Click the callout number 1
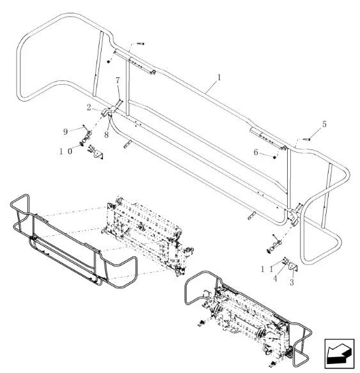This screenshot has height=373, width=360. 219,77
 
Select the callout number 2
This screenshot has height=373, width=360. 89,107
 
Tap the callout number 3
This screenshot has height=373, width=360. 292,282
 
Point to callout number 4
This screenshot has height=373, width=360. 275,278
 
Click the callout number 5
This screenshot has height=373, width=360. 324,124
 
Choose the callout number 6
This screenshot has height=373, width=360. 256,152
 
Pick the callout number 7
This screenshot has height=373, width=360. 118,80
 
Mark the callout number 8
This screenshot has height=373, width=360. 106,135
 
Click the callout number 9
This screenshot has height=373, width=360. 65,132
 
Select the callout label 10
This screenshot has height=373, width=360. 65,151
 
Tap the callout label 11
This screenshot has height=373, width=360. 267,270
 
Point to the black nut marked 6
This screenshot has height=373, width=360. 274,157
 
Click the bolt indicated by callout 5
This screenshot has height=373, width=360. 307,139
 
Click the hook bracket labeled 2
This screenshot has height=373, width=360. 107,112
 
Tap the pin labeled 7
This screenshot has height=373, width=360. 119,104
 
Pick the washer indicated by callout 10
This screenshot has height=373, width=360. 82,144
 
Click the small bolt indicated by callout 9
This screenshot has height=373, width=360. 84,126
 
